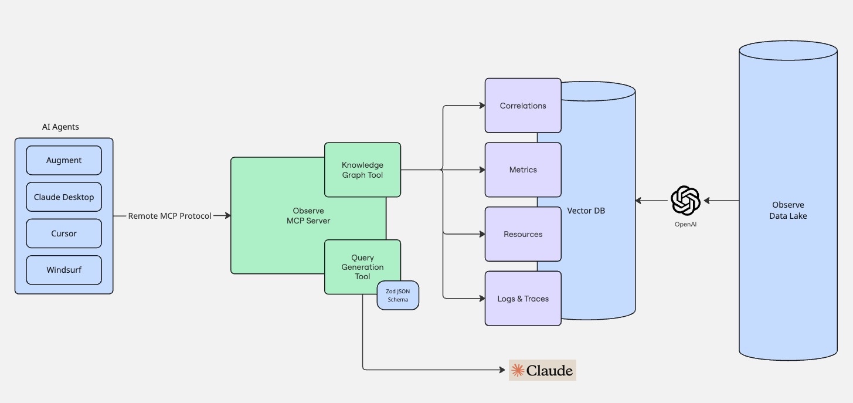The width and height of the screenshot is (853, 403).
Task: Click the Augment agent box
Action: pos(64,161)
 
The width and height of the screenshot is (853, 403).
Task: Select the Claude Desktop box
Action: pos(64,197)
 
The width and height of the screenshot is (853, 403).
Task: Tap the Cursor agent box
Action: pos(64,233)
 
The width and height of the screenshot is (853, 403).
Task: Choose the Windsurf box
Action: pos(64,270)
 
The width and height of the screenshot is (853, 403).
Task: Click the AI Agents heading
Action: pos(60,127)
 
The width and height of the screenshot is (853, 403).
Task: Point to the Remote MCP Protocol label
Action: pos(169,216)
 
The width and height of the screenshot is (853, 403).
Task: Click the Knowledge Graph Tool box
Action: pos(362,170)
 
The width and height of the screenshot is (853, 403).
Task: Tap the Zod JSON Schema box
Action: pos(397,295)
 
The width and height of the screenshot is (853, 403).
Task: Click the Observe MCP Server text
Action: pos(308,216)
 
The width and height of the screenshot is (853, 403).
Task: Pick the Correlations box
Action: pos(523,106)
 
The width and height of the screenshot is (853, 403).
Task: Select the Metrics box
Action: pos(523,170)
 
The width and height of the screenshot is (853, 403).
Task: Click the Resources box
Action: pos(523,234)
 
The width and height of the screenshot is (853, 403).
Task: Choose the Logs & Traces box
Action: pos(523,299)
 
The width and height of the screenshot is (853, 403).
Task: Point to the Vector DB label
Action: pos(586,211)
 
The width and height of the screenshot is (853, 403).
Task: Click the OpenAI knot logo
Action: pos(685,201)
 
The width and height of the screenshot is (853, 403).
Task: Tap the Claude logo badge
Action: pos(542,370)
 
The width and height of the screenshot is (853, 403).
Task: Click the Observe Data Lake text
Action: pos(788,210)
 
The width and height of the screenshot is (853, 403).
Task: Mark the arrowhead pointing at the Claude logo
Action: pos(502,370)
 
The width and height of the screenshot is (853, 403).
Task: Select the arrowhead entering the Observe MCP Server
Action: pos(227,216)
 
